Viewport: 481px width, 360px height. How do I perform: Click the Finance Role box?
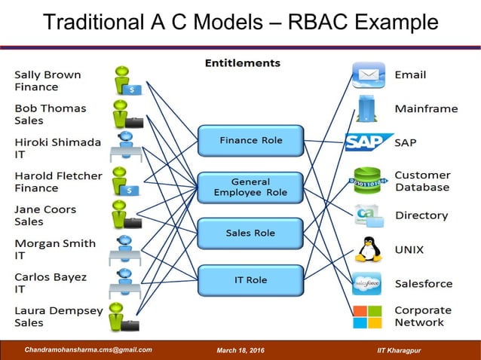pyautogui.click(x=250, y=141)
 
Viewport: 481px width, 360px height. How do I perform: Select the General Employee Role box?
pyautogui.click(x=250, y=187)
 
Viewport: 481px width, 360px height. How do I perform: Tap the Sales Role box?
pyautogui.click(x=250, y=233)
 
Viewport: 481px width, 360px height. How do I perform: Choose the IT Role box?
pyautogui.click(x=250, y=280)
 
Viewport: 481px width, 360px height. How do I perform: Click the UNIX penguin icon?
pyautogui.click(x=369, y=249)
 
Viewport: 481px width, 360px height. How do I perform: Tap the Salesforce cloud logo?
pyautogui.click(x=367, y=283)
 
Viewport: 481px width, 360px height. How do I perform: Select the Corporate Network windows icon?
pyautogui.click(x=368, y=316)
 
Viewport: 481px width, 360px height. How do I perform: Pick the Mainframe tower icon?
pyautogui.click(x=367, y=109)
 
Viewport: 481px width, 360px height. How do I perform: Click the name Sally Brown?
pyautogui.click(x=48, y=75)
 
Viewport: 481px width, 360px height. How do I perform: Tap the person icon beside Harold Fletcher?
pyautogui.click(x=124, y=182)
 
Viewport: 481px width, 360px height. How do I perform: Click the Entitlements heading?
pyautogui.click(x=242, y=63)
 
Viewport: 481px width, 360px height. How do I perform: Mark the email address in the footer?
pyautogui.click(x=88, y=349)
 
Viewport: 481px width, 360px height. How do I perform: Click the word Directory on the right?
pyautogui.click(x=421, y=215)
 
